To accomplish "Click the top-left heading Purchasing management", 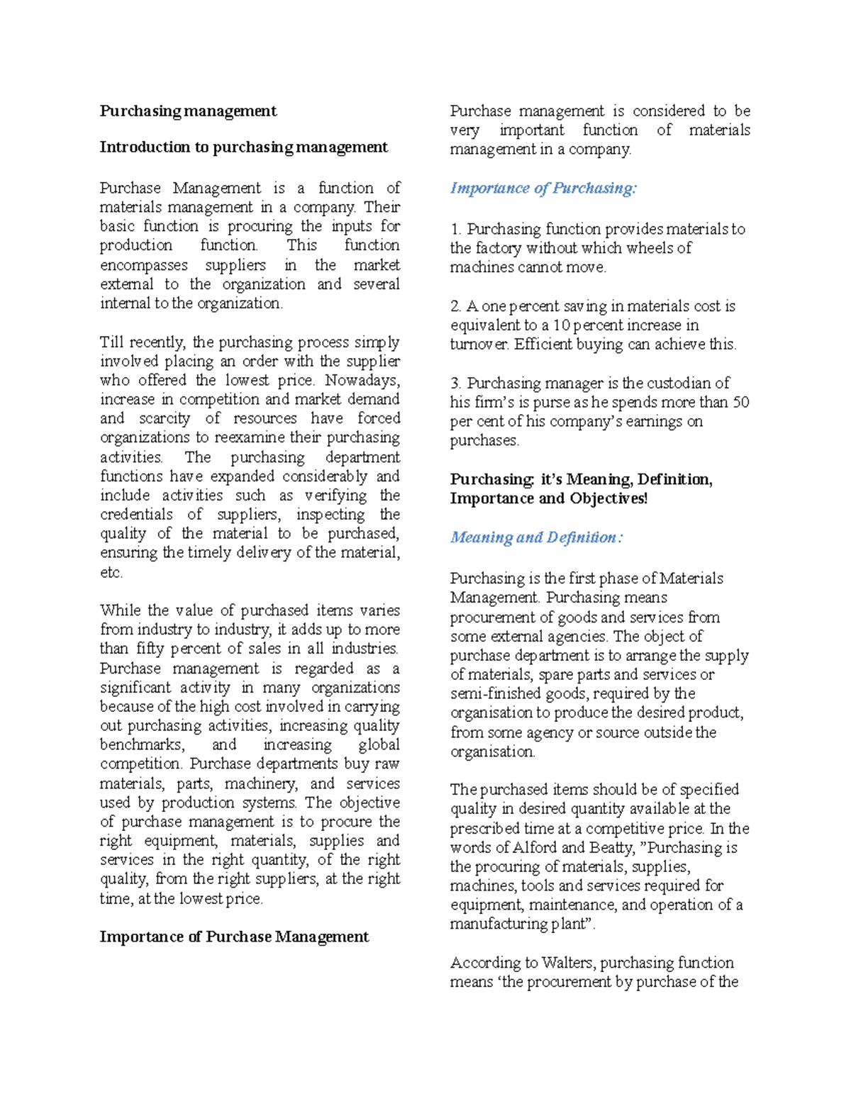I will point(188,111).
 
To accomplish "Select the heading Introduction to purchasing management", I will point(243,147).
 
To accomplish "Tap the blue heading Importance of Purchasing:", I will point(543,189).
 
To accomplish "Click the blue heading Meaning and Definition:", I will point(536,537).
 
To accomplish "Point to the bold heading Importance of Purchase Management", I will point(234,937).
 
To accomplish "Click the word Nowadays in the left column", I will point(362,381).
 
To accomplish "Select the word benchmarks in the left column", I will point(142,745).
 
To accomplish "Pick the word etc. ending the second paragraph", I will point(111,573).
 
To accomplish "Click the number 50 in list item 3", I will point(740,403).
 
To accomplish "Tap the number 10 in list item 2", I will point(561,325).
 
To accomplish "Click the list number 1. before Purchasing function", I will point(456,230).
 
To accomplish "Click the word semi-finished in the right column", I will point(484,694).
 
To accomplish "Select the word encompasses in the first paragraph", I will point(144,266).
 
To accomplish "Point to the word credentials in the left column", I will point(136,515).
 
